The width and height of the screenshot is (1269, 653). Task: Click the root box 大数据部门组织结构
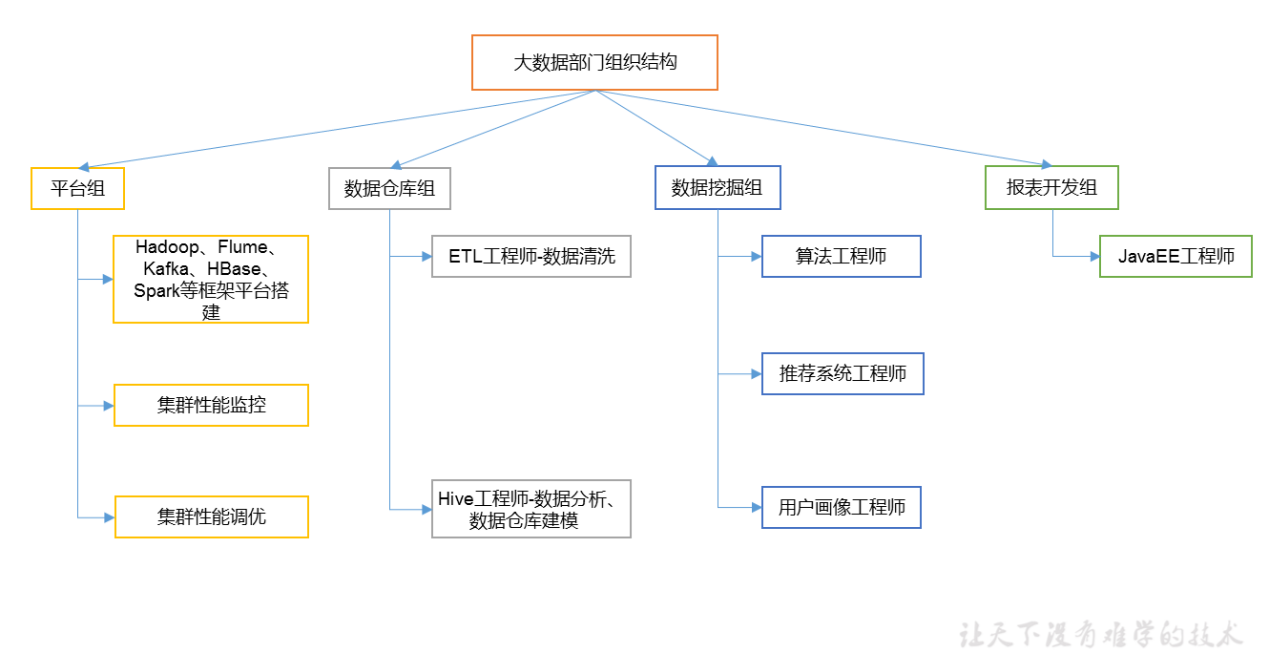594,63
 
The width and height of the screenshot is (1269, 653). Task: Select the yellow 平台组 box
77,188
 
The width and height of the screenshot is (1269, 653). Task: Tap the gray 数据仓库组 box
389,188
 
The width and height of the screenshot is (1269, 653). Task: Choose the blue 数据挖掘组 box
717,188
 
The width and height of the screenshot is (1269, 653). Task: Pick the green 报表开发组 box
1051,188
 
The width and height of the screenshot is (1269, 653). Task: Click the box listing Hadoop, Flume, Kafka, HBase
211,279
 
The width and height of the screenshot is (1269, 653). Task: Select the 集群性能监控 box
211,406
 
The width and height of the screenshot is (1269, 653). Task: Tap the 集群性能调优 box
211,517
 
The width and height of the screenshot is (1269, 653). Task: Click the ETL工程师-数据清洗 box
531,256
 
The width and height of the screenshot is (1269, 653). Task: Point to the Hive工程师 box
531,509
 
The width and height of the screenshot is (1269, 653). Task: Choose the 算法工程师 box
841,256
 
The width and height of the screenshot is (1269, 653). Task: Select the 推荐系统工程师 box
843,373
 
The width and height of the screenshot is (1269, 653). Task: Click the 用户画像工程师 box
841,507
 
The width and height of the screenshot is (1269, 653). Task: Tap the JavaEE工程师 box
1175,256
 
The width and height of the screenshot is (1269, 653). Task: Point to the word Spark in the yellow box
156,291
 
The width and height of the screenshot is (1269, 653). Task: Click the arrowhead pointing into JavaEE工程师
1094,256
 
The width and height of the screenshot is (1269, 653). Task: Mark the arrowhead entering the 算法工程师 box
756,256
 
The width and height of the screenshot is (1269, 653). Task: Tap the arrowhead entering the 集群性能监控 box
108,406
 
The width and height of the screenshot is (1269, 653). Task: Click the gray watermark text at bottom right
1101,634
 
